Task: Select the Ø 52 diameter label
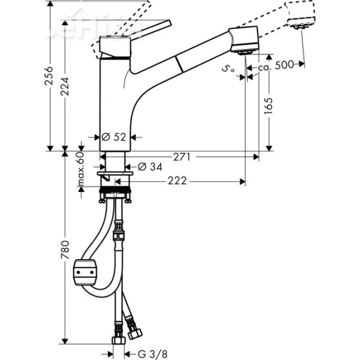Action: click(115, 137)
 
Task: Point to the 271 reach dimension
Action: click(182, 157)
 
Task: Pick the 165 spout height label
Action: click(267, 107)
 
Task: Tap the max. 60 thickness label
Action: click(80, 169)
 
